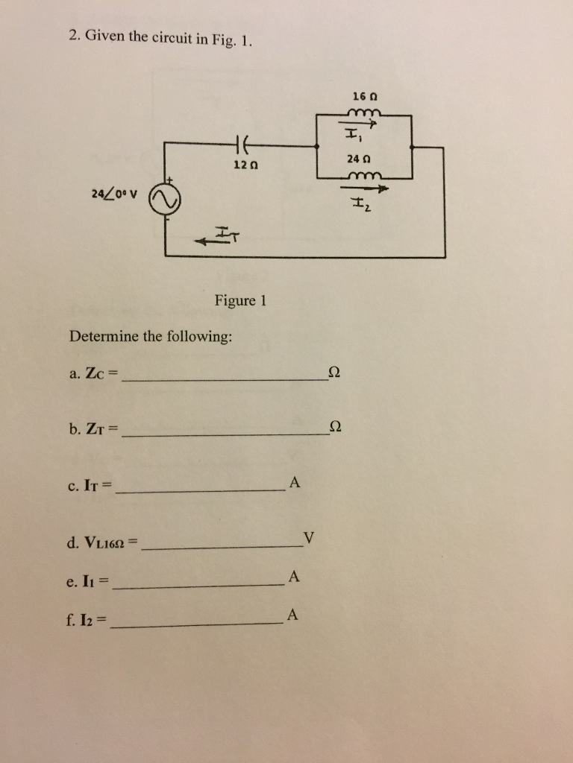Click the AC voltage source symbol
[165, 200]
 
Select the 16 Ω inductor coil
[363, 113]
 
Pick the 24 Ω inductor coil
[363, 176]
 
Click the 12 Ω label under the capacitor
[242, 164]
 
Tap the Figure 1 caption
[240, 301]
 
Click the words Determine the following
[151, 336]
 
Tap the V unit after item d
[310, 537]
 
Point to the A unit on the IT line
[294, 483]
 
